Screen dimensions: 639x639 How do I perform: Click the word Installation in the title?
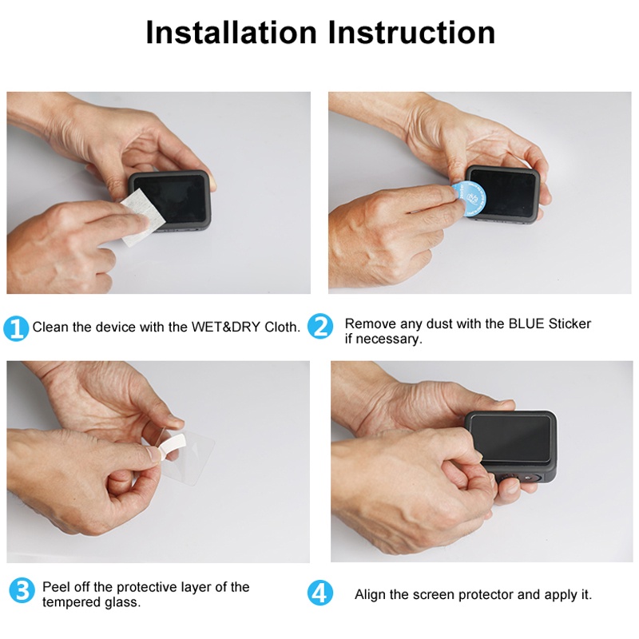point(231,32)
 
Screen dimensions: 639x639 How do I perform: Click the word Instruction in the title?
point(411,32)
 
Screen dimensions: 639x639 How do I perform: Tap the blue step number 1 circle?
point(16,327)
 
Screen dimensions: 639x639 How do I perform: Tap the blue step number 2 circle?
point(320,326)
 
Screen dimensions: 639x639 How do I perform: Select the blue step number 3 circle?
point(22,590)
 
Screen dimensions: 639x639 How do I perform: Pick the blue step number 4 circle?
point(320,593)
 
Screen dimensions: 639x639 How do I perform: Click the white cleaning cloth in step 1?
point(143,217)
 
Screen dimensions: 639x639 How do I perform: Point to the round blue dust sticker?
point(468,199)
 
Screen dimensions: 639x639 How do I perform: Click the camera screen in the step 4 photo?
point(510,438)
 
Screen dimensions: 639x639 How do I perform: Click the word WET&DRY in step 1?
point(226,327)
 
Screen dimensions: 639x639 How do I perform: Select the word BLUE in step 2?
point(526,323)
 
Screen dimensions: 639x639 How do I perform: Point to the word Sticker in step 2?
point(570,323)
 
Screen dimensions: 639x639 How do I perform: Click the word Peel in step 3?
point(55,587)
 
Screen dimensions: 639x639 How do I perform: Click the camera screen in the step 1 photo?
point(170,198)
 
